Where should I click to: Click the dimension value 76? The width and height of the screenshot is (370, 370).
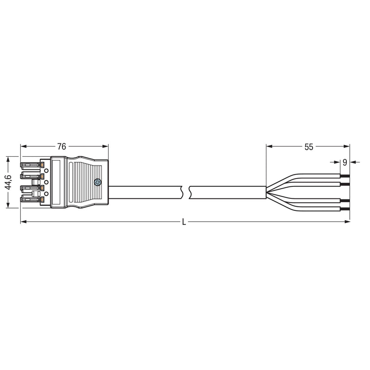[x=62, y=147]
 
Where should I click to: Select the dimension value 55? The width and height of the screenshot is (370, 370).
[x=308, y=147]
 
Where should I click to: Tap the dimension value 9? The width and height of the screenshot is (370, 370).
[x=345, y=162]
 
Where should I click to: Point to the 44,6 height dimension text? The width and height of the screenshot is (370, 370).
[x=8, y=182]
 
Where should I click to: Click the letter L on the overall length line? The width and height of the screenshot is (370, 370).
[x=184, y=222]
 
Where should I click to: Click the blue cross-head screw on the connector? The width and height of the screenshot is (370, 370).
[x=98, y=182]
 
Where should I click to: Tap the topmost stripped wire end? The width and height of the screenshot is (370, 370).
[x=345, y=176]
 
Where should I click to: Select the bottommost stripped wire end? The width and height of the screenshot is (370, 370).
[x=345, y=209]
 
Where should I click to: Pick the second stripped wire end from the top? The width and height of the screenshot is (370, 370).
[x=345, y=184]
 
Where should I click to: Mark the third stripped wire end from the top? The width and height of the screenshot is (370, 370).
[x=345, y=201]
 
